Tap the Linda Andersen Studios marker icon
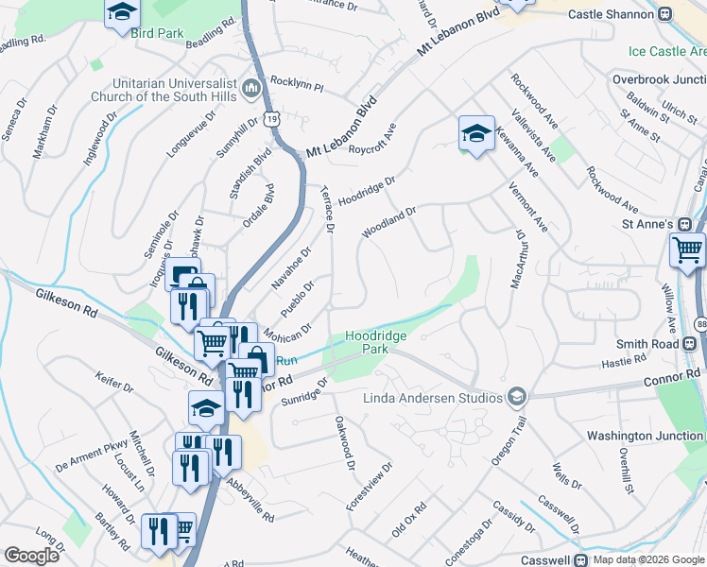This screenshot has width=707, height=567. coord(516,397)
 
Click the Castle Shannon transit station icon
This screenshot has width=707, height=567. coord(665,14)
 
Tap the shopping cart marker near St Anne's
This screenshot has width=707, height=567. coord(687,250)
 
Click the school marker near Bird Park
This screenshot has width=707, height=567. coord(122,13)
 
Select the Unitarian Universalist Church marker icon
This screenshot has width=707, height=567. coord(251,89)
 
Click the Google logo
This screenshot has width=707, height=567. coord(31,556)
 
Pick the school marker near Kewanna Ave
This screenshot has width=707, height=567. coord(476,133)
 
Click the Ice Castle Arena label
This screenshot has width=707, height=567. coord(667,51)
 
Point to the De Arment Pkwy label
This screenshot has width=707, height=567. coord(91,454)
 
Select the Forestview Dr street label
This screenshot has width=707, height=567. coord(369,488)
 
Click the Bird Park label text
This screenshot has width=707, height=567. coord(157,33)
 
